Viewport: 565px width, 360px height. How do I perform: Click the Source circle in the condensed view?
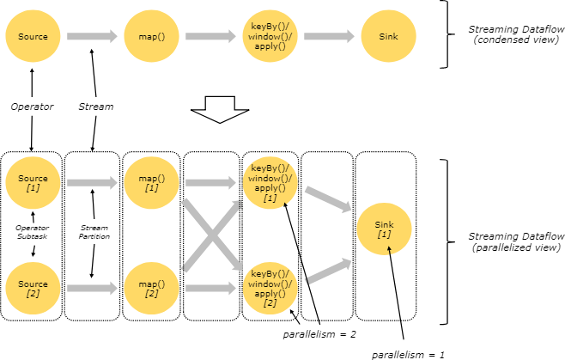tap(33, 36)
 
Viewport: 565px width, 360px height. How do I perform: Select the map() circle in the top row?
tap(151, 36)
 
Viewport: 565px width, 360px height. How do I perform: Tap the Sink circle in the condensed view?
tap(388, 36)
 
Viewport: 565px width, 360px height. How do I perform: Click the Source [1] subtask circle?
tap(33, 183)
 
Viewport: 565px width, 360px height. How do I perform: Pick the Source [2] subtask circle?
tap(33, 288)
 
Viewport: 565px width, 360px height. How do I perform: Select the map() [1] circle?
tap(151, 183)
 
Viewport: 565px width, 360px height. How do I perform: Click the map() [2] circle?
tap(151, 288)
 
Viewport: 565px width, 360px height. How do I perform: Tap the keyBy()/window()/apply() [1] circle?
tap(270, 183)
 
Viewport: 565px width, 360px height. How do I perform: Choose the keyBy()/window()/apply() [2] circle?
tap(270, 288)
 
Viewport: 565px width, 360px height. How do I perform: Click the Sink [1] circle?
tap(384, 229)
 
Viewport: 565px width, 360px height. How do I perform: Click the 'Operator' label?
tap(32, 107)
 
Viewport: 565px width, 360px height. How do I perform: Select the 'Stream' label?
tap(96, 107)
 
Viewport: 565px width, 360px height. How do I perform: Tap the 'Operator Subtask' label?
tap(32, 232)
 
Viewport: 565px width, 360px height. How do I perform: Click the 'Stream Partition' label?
tap(94, 232)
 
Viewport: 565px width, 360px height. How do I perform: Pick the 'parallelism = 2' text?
tap(319, 335)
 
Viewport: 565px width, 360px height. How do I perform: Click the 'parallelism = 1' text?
tap(408, 355)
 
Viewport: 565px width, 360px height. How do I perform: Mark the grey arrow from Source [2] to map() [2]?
tap(92, 288)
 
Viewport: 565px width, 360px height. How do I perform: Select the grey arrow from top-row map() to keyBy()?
tap(210, 36)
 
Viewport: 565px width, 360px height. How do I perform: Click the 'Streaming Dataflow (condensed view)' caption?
tap(516, 34)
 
